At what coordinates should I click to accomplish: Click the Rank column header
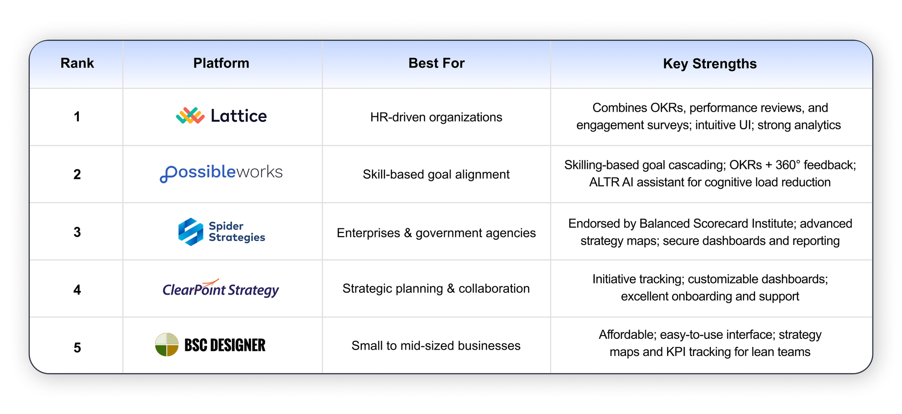coord(77,63)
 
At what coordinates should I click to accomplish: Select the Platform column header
coord(221,63)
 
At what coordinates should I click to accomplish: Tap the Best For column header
coord(436,63)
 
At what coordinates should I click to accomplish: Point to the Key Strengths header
coord(710,64)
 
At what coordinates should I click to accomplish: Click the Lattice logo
coord(221,116)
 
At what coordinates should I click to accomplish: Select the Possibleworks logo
coord(221,173)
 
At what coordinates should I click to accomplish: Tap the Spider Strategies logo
coord(221,232)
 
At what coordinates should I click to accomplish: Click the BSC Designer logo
coord(210,345)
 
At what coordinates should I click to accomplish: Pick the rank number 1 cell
coord(77,117)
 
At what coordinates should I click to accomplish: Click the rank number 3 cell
coord(77,232)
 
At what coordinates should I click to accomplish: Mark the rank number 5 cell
coord(77,347)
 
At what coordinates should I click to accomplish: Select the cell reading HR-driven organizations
coord(436,117)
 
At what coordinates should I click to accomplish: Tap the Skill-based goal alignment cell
coord(436,174)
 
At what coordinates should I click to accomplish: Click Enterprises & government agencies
coord(436,233)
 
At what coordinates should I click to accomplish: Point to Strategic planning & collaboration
coord(436,288)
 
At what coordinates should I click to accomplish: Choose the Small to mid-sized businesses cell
coord(436,346)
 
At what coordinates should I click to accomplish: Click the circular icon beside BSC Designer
coord(167,345)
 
